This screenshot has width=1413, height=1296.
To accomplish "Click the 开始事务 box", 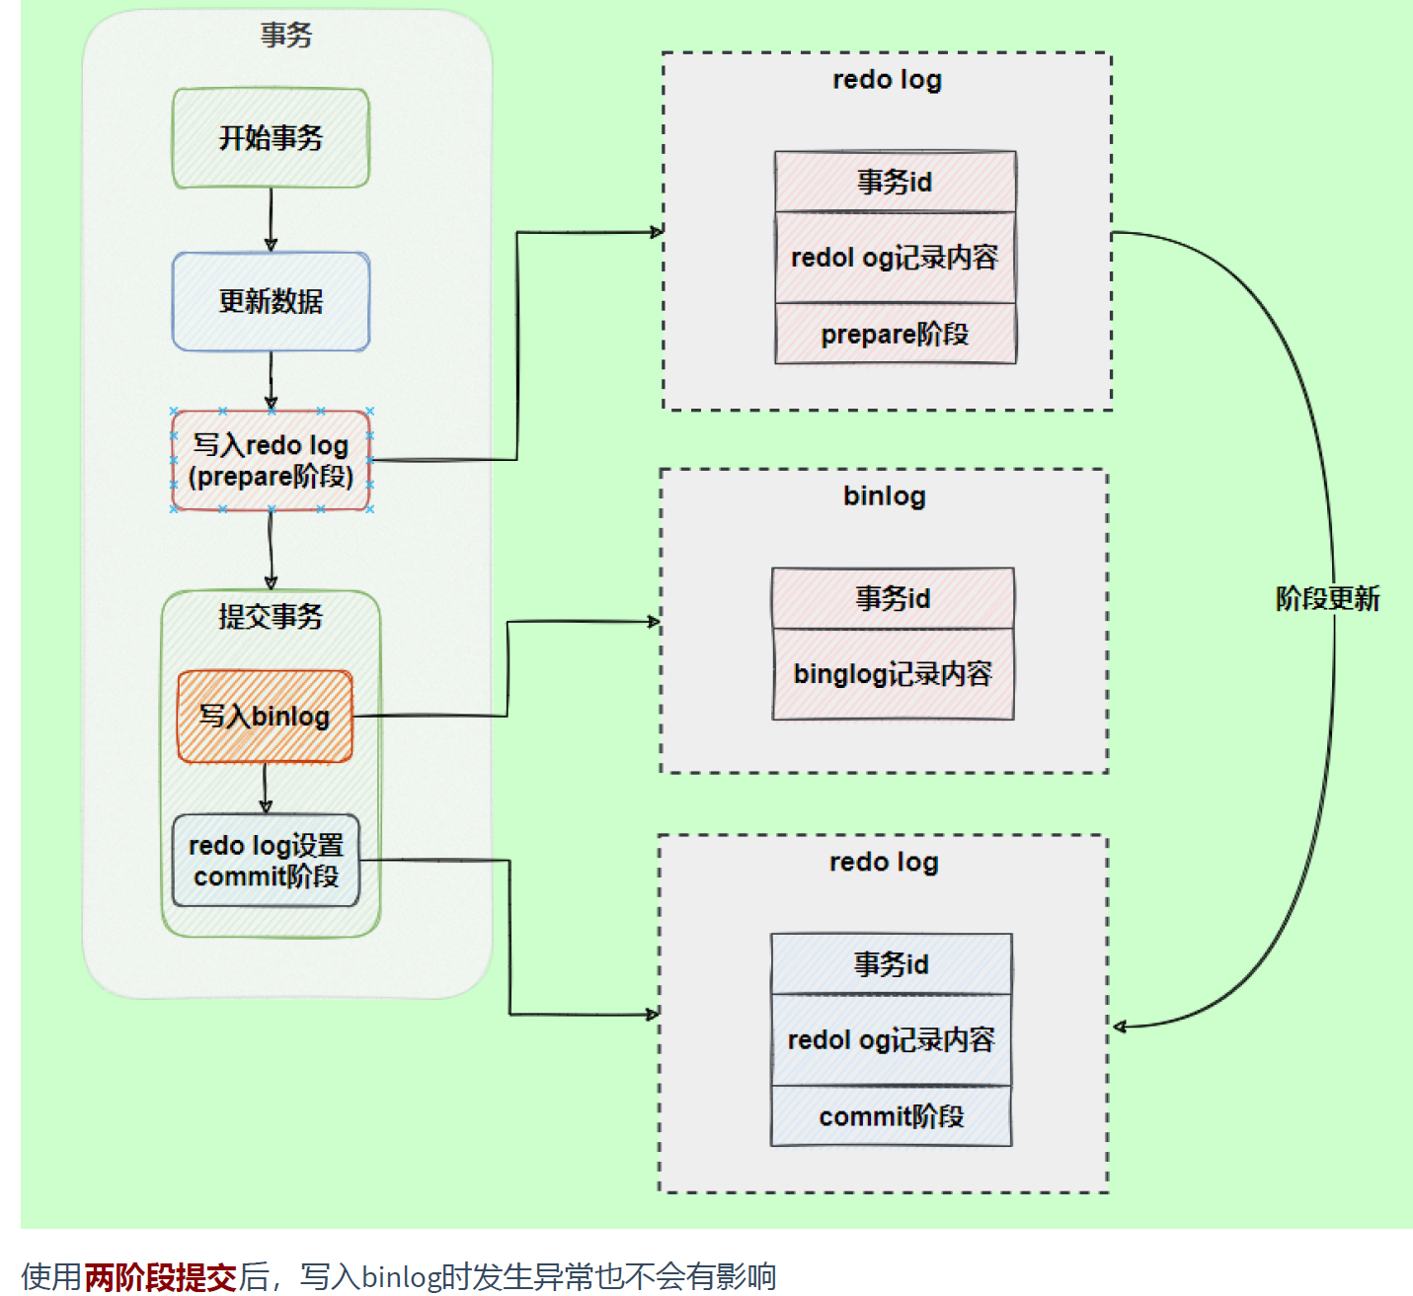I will tap(271, 138).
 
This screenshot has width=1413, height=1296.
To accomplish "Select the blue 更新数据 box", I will tap(271, 301).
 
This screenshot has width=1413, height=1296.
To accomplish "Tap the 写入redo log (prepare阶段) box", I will tap(271, 461).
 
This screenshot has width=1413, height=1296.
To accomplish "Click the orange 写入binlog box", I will tap(265, 717).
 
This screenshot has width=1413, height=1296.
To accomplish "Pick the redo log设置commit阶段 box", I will tap(266, 861).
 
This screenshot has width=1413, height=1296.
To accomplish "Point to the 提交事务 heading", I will tap(271, 617).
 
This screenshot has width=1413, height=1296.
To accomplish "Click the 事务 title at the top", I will tap(286, 36).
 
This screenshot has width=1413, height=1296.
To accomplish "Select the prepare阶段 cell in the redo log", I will tap(895, 335).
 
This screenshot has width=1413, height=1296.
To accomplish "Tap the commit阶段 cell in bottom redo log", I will tap(891, 1116).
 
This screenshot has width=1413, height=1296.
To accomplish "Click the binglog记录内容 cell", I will tap(893, 674).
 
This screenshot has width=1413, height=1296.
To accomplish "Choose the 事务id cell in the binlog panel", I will tap(893, 598).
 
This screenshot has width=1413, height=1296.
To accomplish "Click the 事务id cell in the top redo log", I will tap(895, 182).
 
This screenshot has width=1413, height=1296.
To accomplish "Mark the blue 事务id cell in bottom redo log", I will tap(891, 964).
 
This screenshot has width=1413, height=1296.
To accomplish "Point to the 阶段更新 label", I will tap(1327, 598).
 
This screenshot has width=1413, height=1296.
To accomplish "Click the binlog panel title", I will tap(884, 496).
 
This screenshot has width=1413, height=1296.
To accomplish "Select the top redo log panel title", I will tap(887, 80).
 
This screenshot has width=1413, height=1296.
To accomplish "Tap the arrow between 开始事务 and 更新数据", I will tap(271, 219).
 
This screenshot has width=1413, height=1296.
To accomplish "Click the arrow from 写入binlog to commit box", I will tap(265, 788).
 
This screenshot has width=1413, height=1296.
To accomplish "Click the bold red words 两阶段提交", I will tap(160, 1276).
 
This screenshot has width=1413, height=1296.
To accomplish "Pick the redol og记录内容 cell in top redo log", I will tap(895, 258).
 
